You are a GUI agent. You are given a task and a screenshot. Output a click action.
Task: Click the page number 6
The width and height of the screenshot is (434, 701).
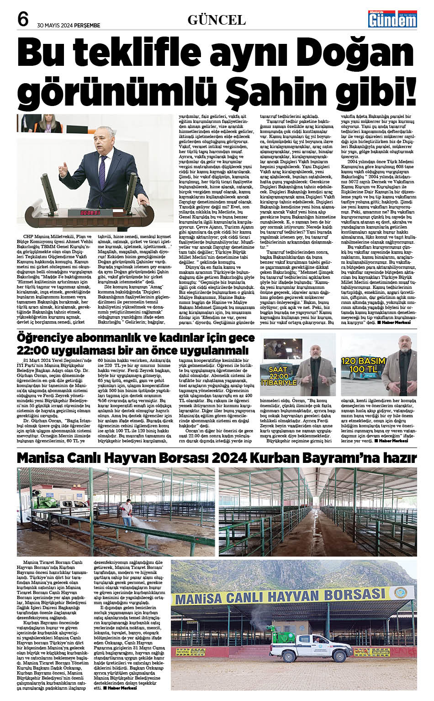pos(23,19)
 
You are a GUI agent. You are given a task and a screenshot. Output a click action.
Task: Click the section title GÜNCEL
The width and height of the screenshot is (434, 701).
pos(217,20)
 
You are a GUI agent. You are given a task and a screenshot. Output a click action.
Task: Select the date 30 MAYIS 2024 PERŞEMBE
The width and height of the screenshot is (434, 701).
pos(69,26)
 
